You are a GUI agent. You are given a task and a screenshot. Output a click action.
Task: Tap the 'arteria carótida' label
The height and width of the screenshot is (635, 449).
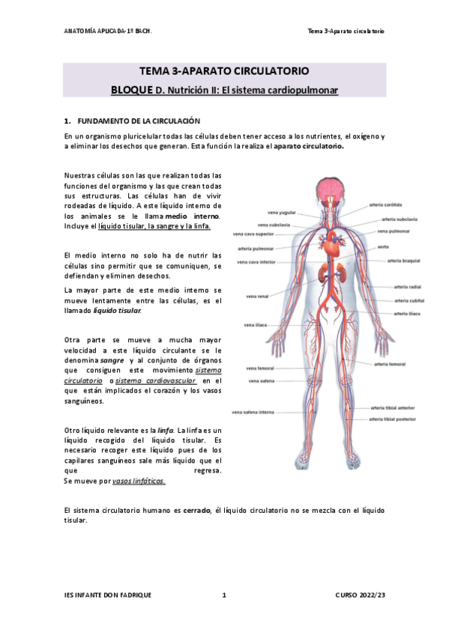point(385,204)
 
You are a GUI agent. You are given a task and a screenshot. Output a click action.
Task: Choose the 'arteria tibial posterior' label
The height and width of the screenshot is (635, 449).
point(392,419)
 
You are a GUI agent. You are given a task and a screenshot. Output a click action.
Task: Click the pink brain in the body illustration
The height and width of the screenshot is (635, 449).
point(327,191)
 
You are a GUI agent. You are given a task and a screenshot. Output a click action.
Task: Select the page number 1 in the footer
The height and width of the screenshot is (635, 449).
point(224,595)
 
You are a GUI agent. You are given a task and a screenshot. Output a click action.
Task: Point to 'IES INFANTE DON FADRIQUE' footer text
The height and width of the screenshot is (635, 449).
point(108,595)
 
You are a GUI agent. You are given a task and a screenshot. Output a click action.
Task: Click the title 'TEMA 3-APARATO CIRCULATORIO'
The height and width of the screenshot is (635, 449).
point(224,71)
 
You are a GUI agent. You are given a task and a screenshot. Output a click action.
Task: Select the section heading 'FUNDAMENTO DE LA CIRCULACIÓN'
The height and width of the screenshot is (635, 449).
point(139,121)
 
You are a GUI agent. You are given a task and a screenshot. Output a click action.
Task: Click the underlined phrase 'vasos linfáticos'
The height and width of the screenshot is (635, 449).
point(139,481)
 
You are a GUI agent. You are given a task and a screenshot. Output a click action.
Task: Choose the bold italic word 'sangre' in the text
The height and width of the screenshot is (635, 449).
point(112,360)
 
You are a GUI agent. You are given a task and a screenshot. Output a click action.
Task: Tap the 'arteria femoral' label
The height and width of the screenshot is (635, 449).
point(390,364)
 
